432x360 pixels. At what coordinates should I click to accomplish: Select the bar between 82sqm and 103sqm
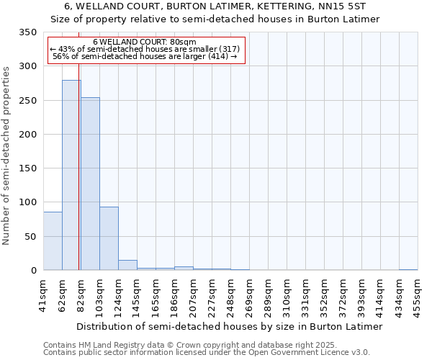[x=90, y=184]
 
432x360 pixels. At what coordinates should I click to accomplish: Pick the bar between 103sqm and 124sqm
[x=109, y=238]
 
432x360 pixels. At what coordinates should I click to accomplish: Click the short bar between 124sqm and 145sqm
[x=127, y=265]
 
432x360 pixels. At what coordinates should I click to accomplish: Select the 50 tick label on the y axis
[x=30, y=237]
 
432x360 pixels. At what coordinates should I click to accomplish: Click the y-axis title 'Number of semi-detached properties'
[x=7, y=156]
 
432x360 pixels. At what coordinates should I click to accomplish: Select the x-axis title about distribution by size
[x=229, y=326]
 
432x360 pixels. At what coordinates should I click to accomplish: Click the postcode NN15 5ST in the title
[x=343, y=6]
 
